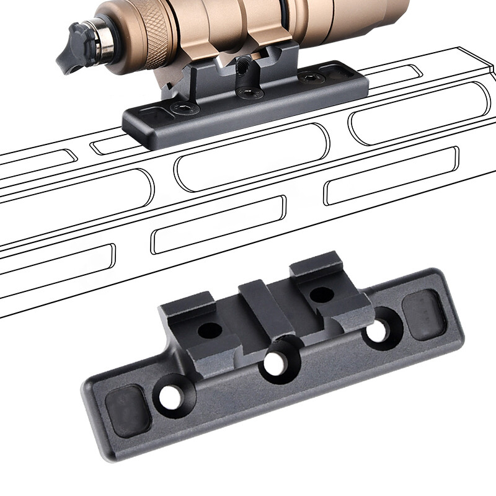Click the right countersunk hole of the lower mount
point(376,330)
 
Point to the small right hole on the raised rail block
point(322,294)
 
